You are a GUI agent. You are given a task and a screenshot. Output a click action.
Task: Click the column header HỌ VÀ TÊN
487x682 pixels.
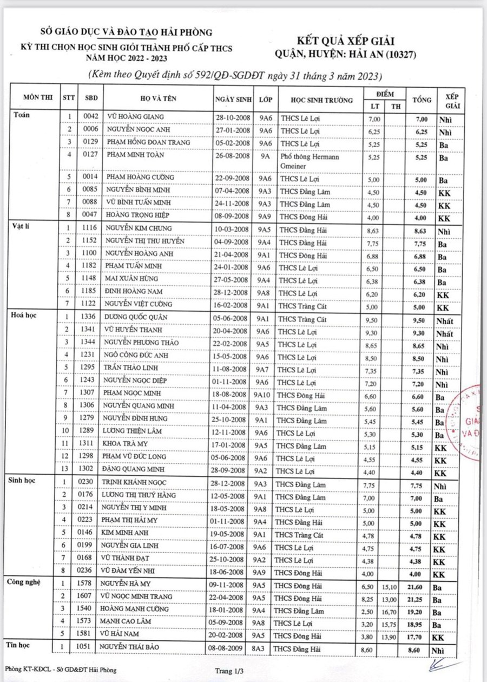tap(158, 99)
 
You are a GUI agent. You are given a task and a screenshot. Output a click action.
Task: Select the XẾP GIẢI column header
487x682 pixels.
tap(452, 100)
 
